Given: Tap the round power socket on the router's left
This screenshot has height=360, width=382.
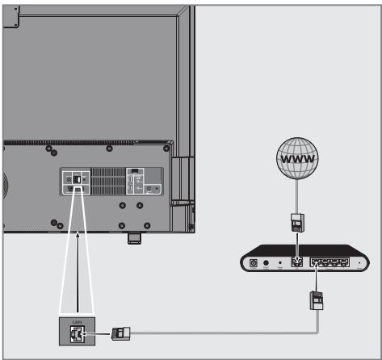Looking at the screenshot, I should click(254, 263).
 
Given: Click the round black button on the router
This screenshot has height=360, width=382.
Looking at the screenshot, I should click(267, 263).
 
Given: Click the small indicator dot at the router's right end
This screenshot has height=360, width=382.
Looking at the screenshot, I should click(359, 263).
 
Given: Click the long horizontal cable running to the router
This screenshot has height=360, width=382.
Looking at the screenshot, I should click(218, 331).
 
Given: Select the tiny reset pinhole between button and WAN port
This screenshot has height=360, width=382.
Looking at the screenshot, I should click(280, 263).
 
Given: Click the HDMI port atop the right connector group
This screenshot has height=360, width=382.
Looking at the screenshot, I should click(135, 171).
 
